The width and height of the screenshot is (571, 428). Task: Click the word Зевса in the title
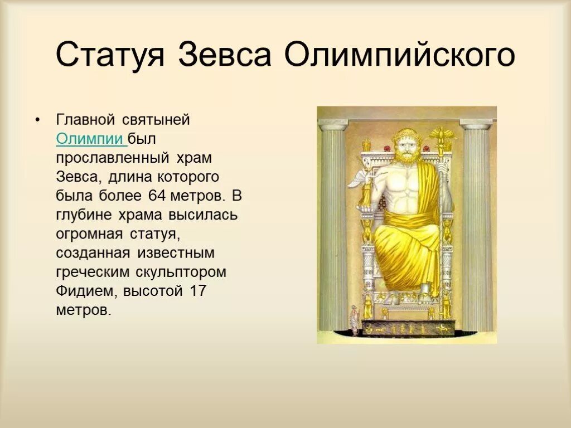225,55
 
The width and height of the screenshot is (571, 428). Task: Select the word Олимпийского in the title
400,56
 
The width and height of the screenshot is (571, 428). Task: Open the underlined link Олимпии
90,139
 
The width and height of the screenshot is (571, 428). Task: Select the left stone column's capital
333,124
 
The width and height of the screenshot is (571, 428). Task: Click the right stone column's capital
476,124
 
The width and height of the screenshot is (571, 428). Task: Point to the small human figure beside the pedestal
354,322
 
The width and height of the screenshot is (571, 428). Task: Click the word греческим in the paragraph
92,272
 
